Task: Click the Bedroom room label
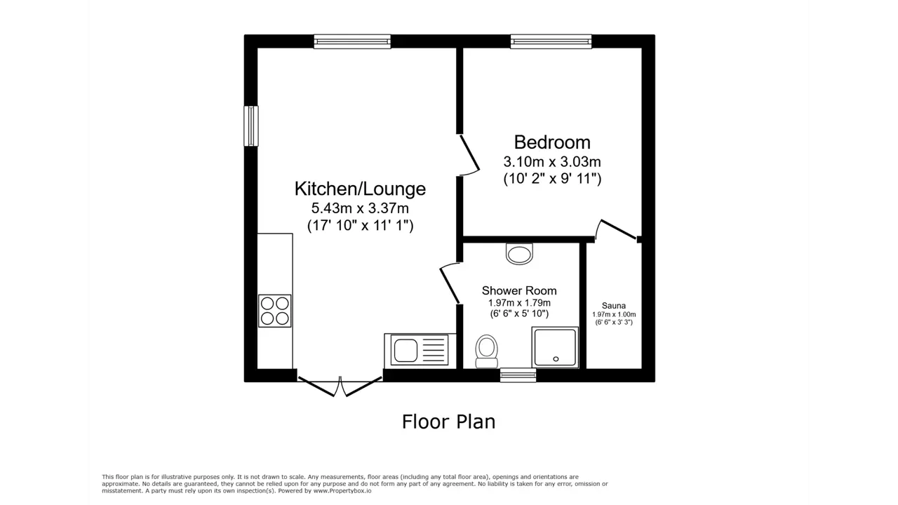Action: [x=552, y=142]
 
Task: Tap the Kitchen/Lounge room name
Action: [x=360, y=189]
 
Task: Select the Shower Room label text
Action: [x=519, y=290]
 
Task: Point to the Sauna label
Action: [x=613, y=306]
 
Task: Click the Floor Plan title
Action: [x=448, y=422]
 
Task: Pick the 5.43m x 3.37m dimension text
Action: [x=360, y=208]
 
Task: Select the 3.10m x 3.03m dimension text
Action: [x=552, y=162]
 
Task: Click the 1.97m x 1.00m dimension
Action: [x=614, y=315]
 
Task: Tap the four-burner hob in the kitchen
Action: [x=274, y=311]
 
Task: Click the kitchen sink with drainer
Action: [x=420, y=350]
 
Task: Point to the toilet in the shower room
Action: [x=487, y=351]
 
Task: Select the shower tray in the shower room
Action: [x=555, y=347]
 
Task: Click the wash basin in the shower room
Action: [x=520, y=254]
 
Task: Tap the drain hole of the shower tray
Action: [x=556, y=359]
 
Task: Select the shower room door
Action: [x=450, y=283]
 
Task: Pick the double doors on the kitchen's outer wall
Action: [x=340, y=386]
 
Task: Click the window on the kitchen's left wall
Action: [x=251, y=126]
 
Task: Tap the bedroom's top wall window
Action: [x=551, y=41]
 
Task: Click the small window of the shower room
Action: [x=518, y=375]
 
